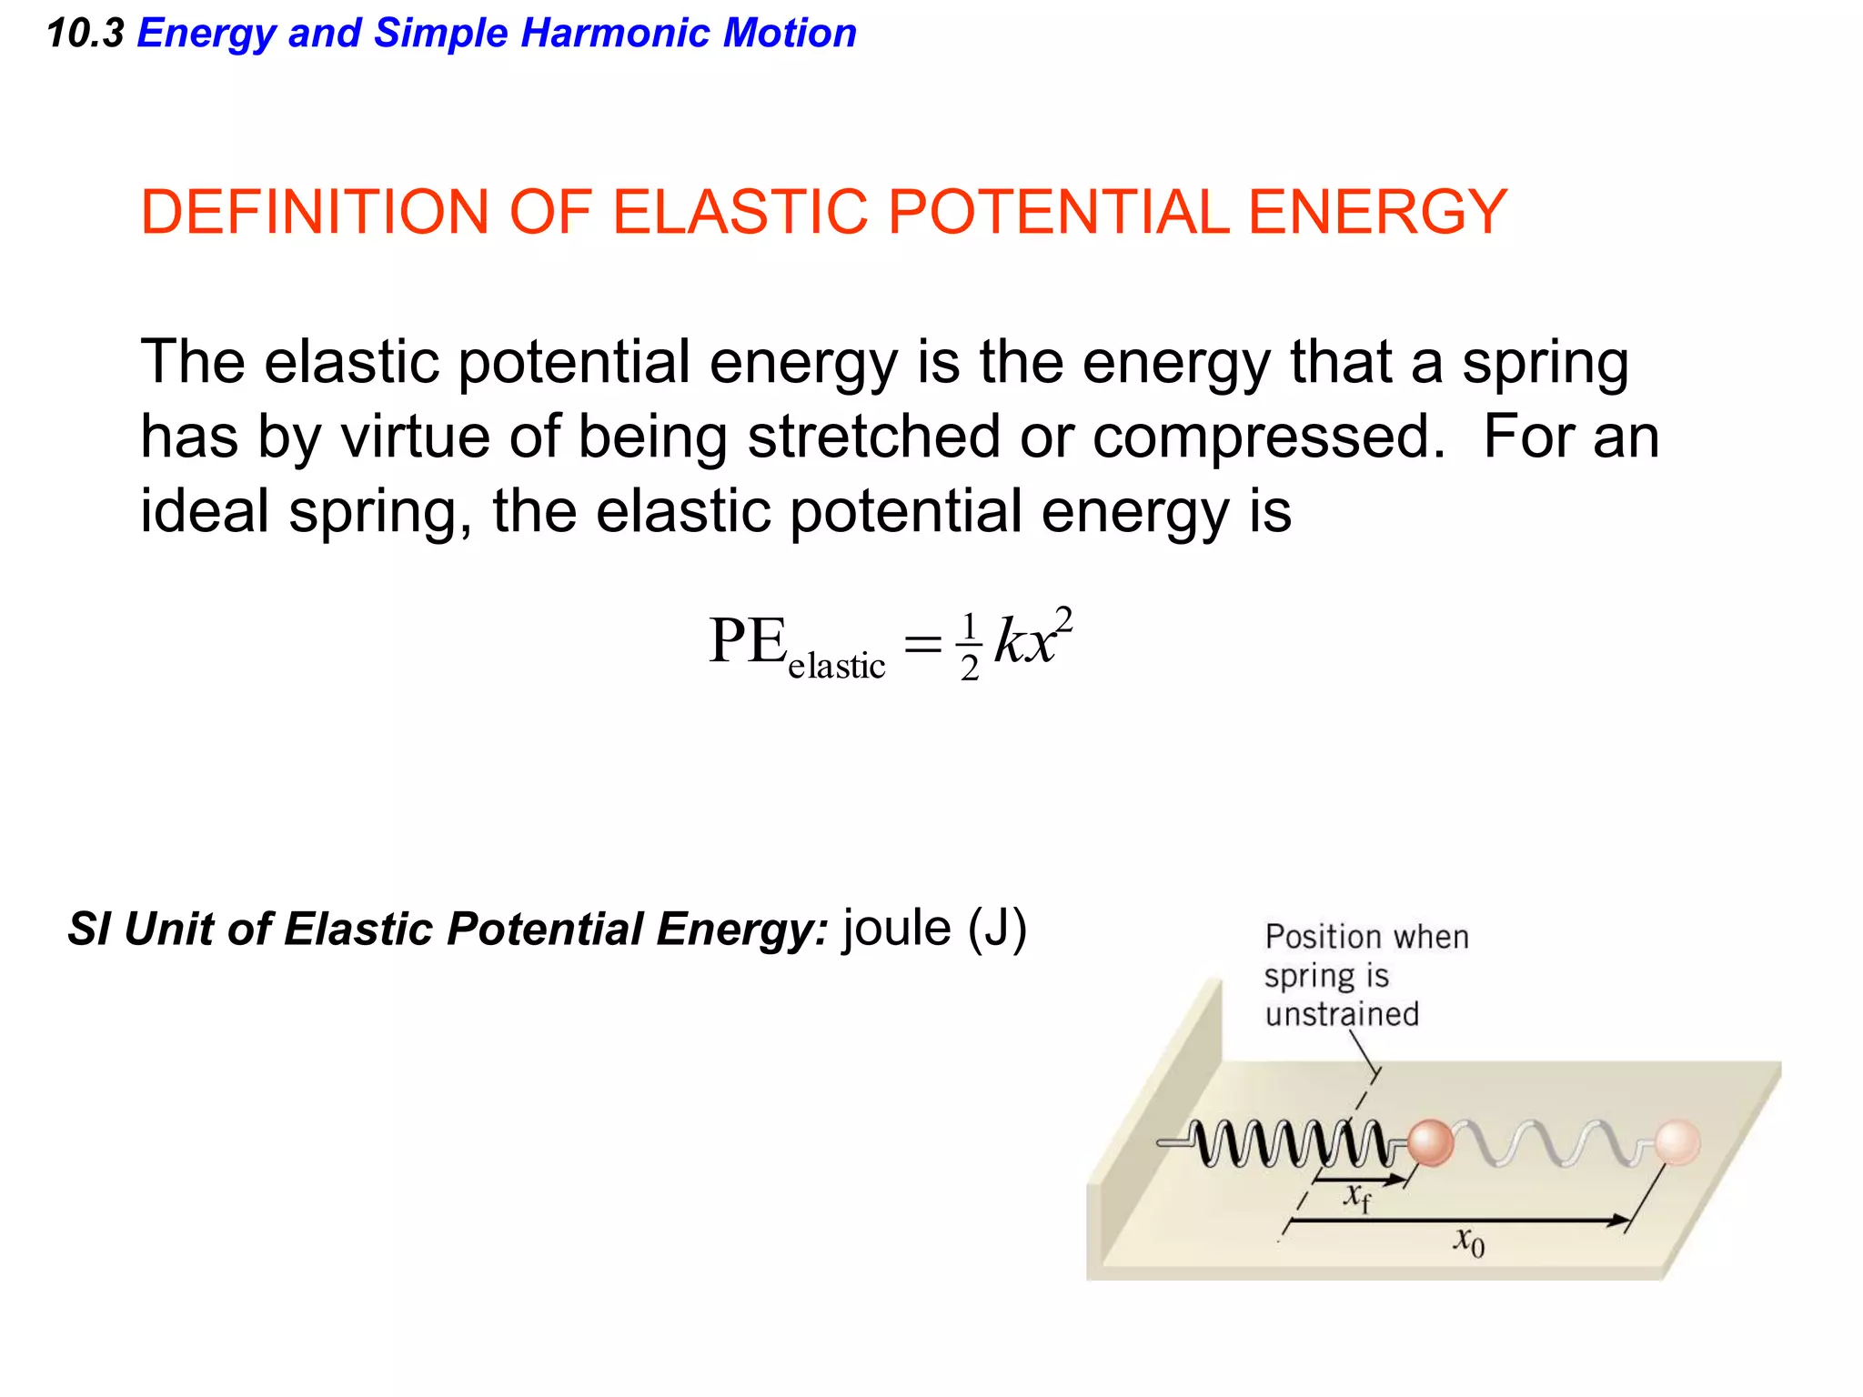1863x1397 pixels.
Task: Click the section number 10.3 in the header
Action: coord(85,34)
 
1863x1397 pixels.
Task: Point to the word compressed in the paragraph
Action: coord(1268,437)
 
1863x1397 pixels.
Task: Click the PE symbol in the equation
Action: coord(748,641)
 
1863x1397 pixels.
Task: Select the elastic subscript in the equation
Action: coord(836,666)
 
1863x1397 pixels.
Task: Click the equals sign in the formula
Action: coord(922,645)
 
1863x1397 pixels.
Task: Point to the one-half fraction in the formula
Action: coord(970,646)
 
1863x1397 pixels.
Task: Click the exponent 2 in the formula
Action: coord(1063,620)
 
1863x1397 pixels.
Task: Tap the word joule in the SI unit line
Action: coord(897,929)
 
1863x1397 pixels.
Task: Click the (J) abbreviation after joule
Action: coord(997,929)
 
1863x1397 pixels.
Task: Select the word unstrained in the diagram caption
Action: coord(1342,1014)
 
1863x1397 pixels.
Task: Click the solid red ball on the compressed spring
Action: coord(1429,1142)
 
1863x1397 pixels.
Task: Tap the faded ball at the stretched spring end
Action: coord(1677,1142)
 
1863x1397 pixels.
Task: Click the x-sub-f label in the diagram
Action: coord(1357,1196)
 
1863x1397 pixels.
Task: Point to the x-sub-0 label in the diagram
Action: coord(1468,1241)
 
